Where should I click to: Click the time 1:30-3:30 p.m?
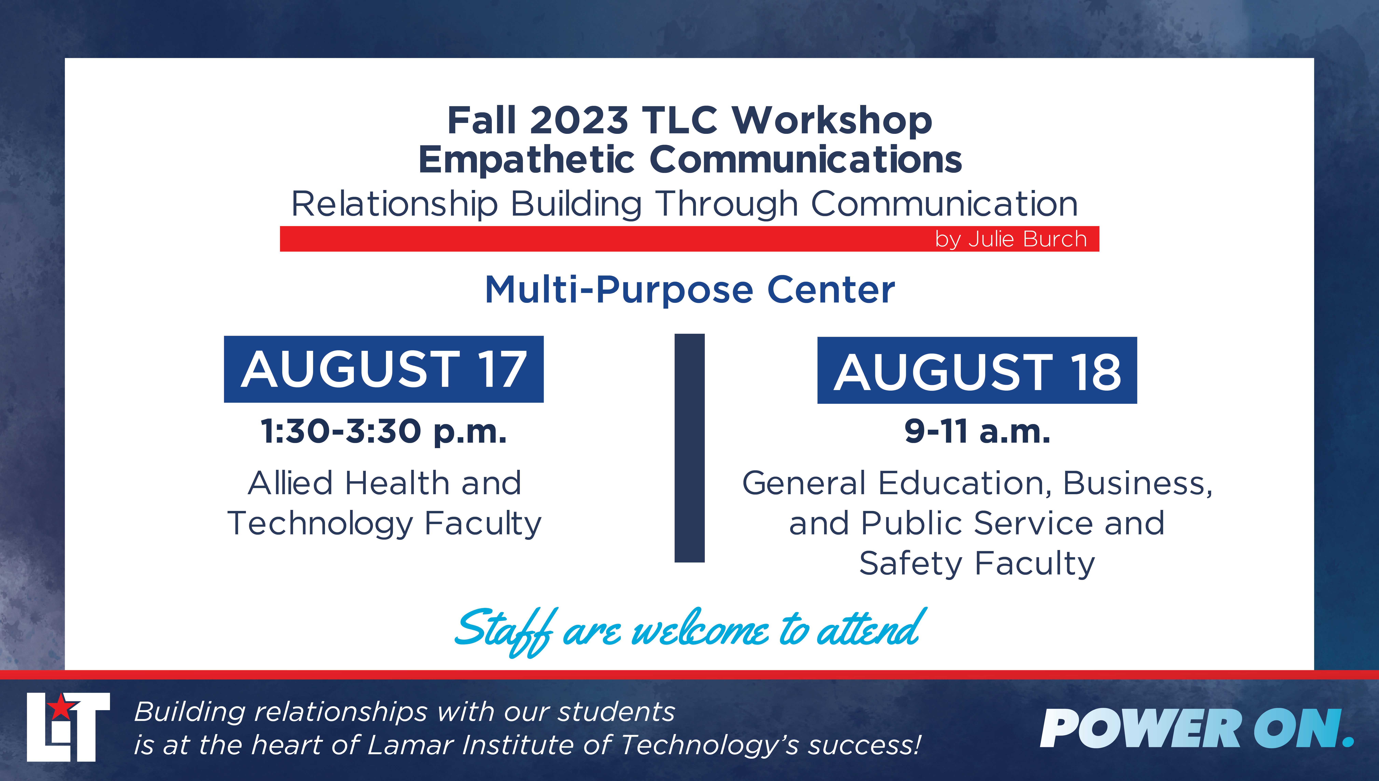click(384, 432)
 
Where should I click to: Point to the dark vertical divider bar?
click(690, 448)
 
